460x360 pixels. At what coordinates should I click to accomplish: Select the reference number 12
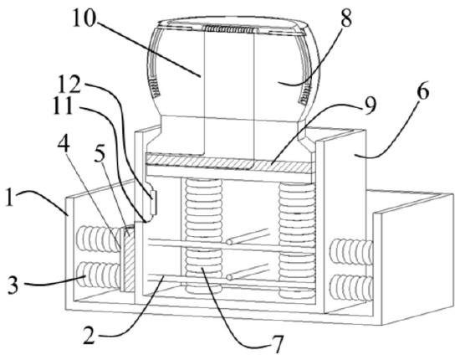pyautogui.click(x=69, y=85)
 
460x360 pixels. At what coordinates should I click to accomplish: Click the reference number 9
pyautogui.click(x=371, y=105)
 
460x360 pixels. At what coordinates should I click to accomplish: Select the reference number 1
pyautogui.click(x=10, y=198)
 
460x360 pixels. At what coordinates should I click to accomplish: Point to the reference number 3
pyautogui.click(x=13, y=285)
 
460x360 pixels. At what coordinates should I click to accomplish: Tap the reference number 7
pyautogui.click(x=277, y=345)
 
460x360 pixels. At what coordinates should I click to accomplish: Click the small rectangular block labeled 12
pyautogui.click(x=154, y=202)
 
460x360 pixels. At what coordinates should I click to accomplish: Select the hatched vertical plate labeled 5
pyautogui.click(x=129, y=259)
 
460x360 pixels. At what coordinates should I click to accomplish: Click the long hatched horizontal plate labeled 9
pyautogui.click(x=228, y=163)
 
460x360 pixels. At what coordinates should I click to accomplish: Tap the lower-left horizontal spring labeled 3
pyautogui.click(x=99, y=276)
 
